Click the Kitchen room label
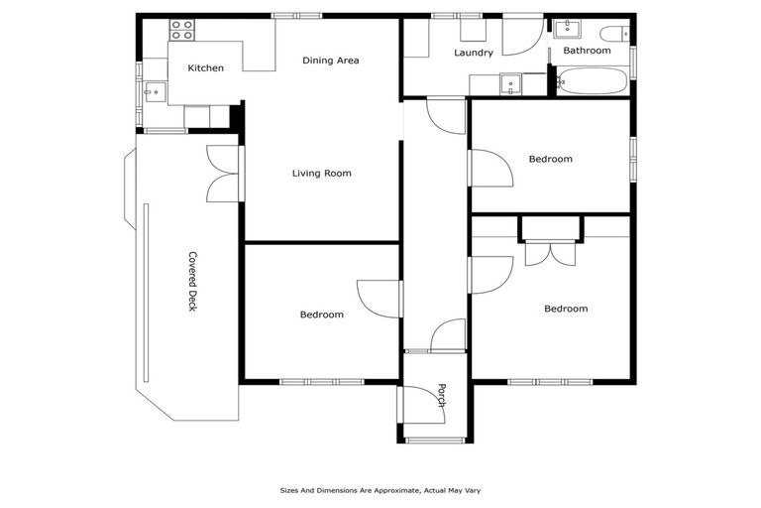(205, 68)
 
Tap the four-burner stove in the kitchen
(181, 30)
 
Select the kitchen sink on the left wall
(153, 92)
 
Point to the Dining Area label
(330, 61)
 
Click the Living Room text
(321, 174)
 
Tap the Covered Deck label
(192, 281)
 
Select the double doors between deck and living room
(223, 175)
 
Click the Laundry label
(473, 54)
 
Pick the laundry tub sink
(510, 85)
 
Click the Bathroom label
(587, 51)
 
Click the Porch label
(442, 396)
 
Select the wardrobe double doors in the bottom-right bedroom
(550, 253)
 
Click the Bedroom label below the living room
(321, 316)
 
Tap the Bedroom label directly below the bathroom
(550, 159)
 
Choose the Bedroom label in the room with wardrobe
(565, 309)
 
